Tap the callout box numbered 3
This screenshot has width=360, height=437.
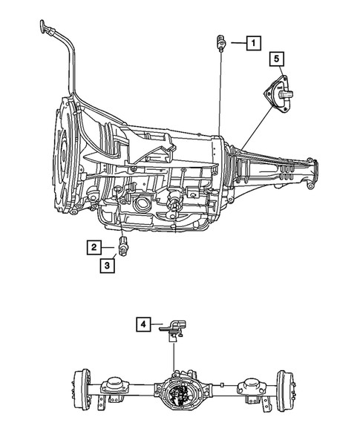click(108, 265)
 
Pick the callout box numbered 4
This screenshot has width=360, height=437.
click(144, 323)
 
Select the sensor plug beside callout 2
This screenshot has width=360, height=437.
click(125, 249)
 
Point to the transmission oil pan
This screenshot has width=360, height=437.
click(156, 223)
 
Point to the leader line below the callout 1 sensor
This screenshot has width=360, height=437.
click(220, 89)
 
